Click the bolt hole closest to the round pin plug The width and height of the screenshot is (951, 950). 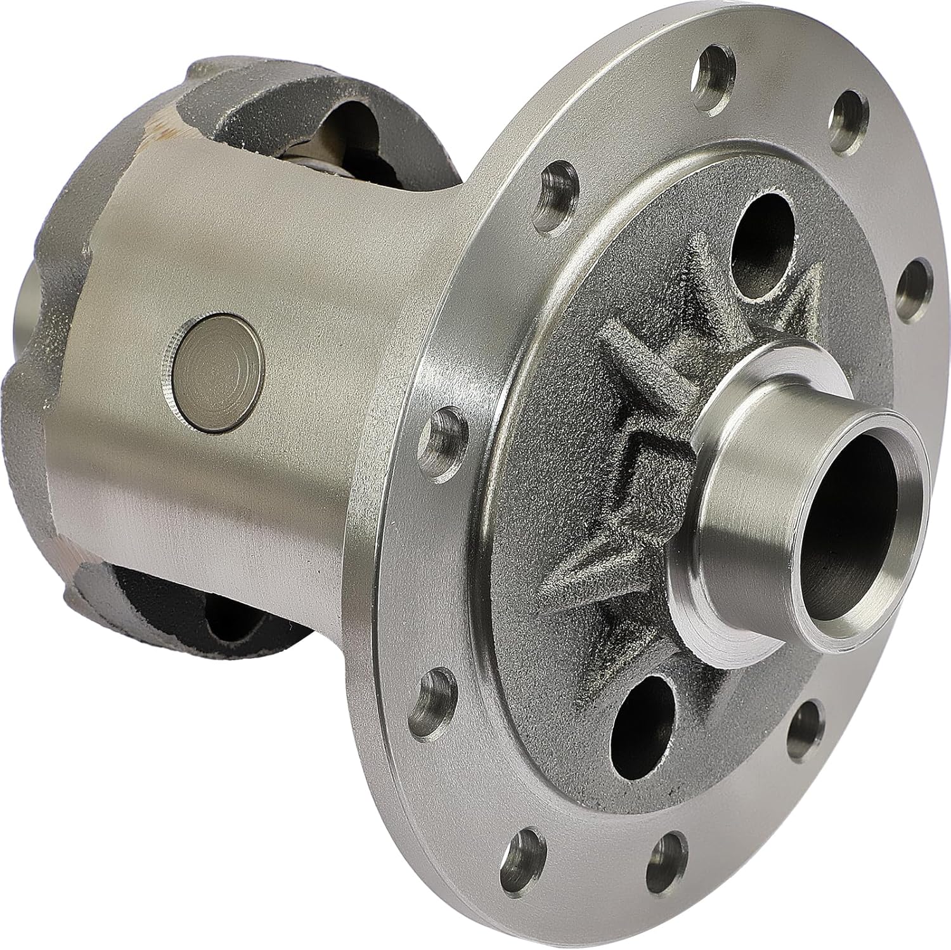tap(448, 431)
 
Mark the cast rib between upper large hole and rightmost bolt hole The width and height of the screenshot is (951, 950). tap(808, 311)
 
